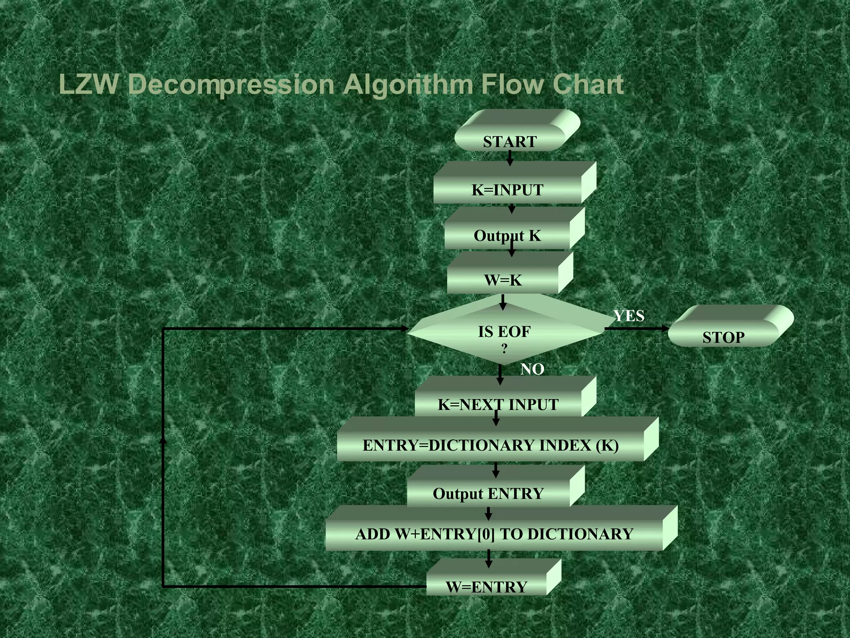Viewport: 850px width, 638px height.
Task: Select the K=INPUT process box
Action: pyautogui.click(x=508, y=189)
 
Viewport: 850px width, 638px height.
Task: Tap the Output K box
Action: pyautogui.click(x=507, y=235)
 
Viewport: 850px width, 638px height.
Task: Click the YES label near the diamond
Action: pyautogui.click(x=629, y=316)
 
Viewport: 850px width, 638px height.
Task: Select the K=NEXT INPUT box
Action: pyautogui.click(x=498, y=404)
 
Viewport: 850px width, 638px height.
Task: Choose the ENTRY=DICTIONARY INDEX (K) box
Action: pyautogui.click(x=491, y=445)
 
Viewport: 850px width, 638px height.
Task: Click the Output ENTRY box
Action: pyautogui.click(x=488, y=493)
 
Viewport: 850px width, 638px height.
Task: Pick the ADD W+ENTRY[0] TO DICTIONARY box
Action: pyautogui.click(x=494, y=534)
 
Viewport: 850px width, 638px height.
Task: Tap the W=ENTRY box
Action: pyautogui.click(x=486, y=586)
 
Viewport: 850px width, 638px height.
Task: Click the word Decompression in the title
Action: pyautogui.click(x=231, y=85)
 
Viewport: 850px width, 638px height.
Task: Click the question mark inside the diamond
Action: pyautogui.click(x=504, y=349)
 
